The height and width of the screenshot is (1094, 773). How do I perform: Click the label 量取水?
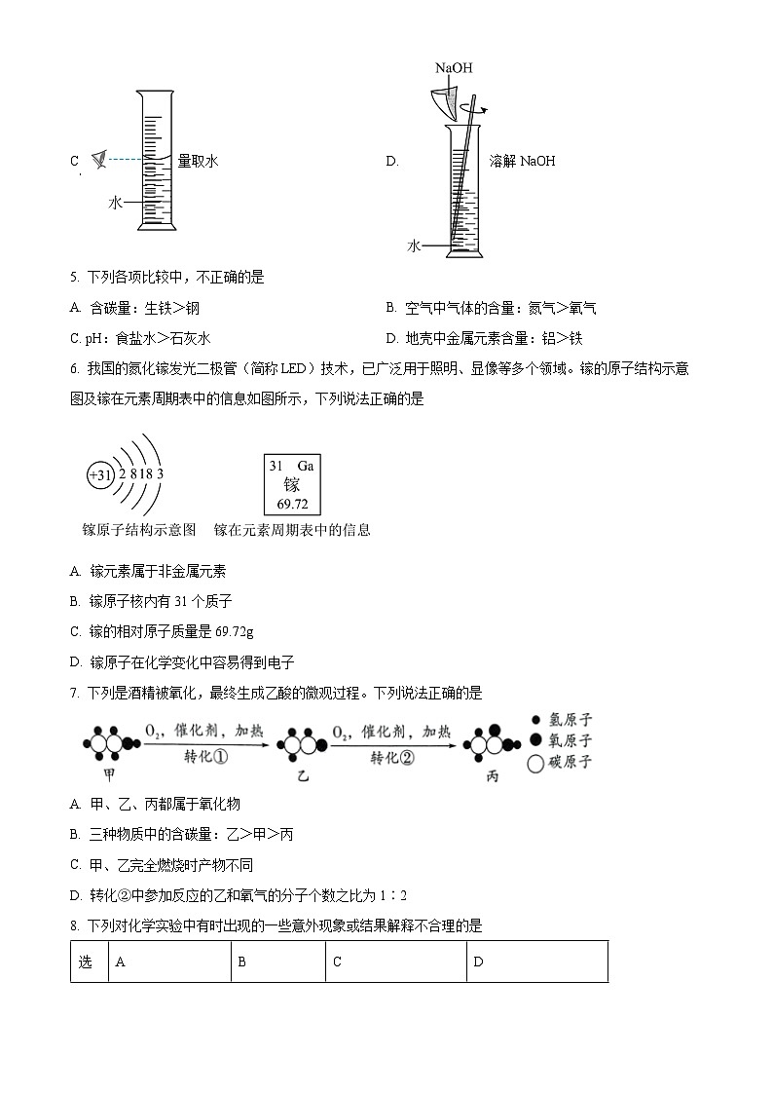point(198,162)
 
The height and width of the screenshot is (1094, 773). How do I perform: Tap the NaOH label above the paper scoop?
point(454,67)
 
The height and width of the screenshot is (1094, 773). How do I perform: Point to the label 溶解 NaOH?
point(522,162)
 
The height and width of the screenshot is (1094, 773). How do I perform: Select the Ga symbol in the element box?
point(306,466)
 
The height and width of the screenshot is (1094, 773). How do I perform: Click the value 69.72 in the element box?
point(292,504)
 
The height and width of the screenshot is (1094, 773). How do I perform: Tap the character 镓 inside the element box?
point(292,485)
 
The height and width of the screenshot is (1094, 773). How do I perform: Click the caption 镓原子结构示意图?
point(139,531)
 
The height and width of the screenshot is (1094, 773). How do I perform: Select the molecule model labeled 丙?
point(486,742)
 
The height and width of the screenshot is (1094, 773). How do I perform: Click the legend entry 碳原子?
point(559,763)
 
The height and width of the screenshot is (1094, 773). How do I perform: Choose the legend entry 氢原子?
point(559,720)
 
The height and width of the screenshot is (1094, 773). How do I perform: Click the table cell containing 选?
point(87,962)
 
